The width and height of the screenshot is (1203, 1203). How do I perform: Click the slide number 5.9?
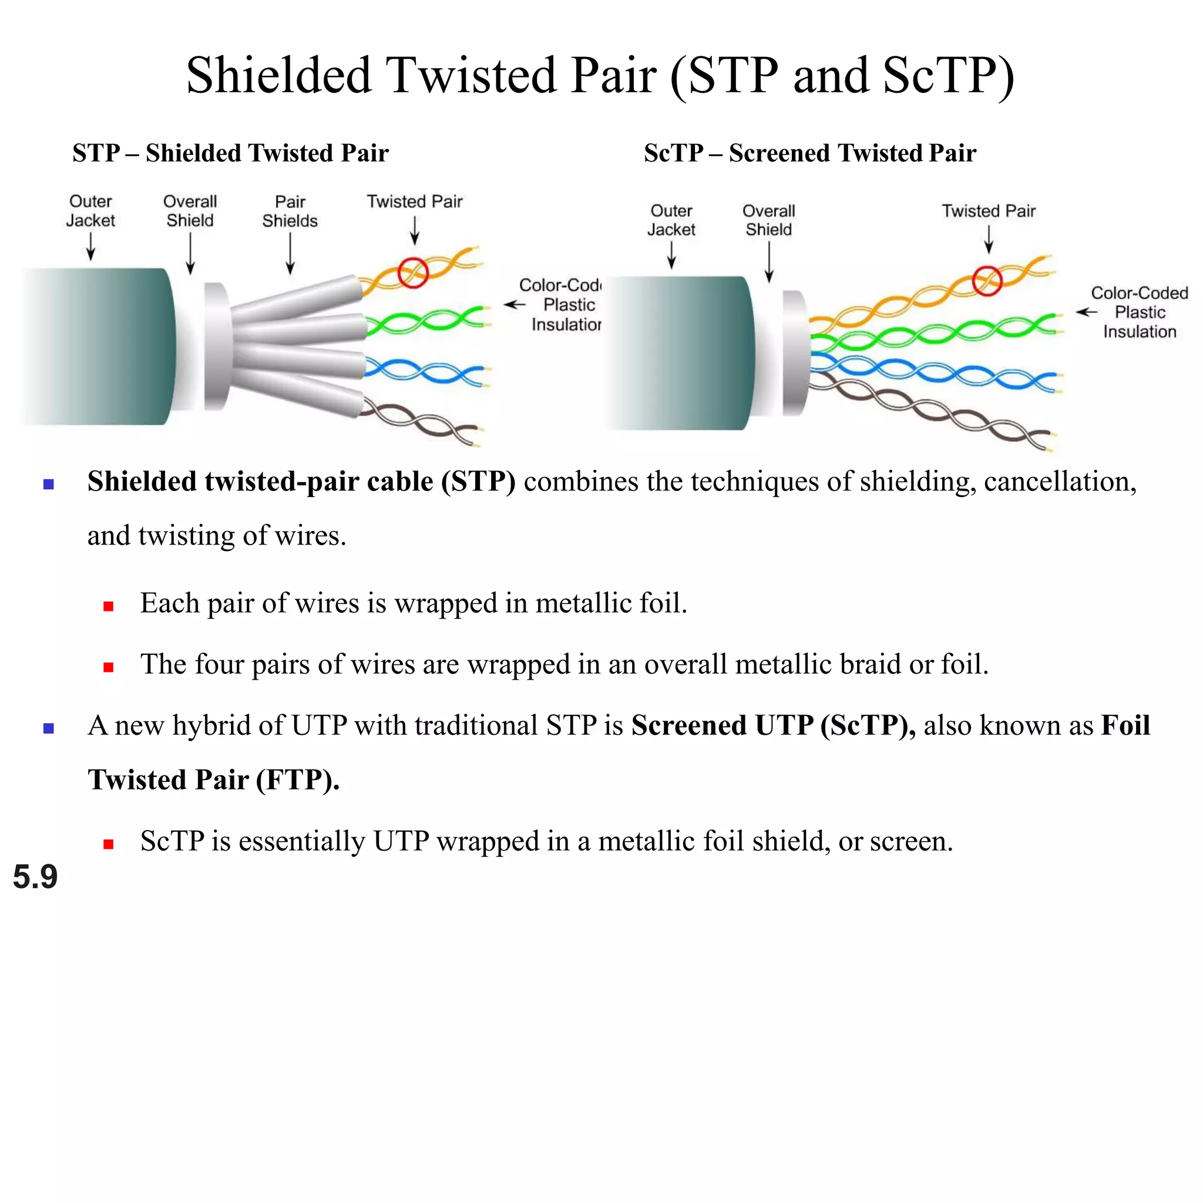[35, 877]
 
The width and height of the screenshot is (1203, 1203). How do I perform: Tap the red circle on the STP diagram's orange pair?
[413, 273]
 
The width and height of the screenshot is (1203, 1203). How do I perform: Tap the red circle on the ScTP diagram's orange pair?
[987, 280]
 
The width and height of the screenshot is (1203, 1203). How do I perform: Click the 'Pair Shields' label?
[290, 211]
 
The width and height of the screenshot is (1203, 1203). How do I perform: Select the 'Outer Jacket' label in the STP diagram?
[91, 211]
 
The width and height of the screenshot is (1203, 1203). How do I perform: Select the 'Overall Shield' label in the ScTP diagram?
[768, 220]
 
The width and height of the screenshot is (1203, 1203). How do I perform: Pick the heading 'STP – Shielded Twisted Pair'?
[230, 153]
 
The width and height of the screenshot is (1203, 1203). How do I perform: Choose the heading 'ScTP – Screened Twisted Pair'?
[809, 153]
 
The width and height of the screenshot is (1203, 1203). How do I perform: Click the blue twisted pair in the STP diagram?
[424, 372]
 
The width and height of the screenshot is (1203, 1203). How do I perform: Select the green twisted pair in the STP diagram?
[424, 321]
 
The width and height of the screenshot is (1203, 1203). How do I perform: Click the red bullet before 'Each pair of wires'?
[108, 606]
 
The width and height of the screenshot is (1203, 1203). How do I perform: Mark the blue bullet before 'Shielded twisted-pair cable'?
[49, 484]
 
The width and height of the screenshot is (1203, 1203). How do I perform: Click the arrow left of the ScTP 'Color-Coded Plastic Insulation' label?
[1087, 312]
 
